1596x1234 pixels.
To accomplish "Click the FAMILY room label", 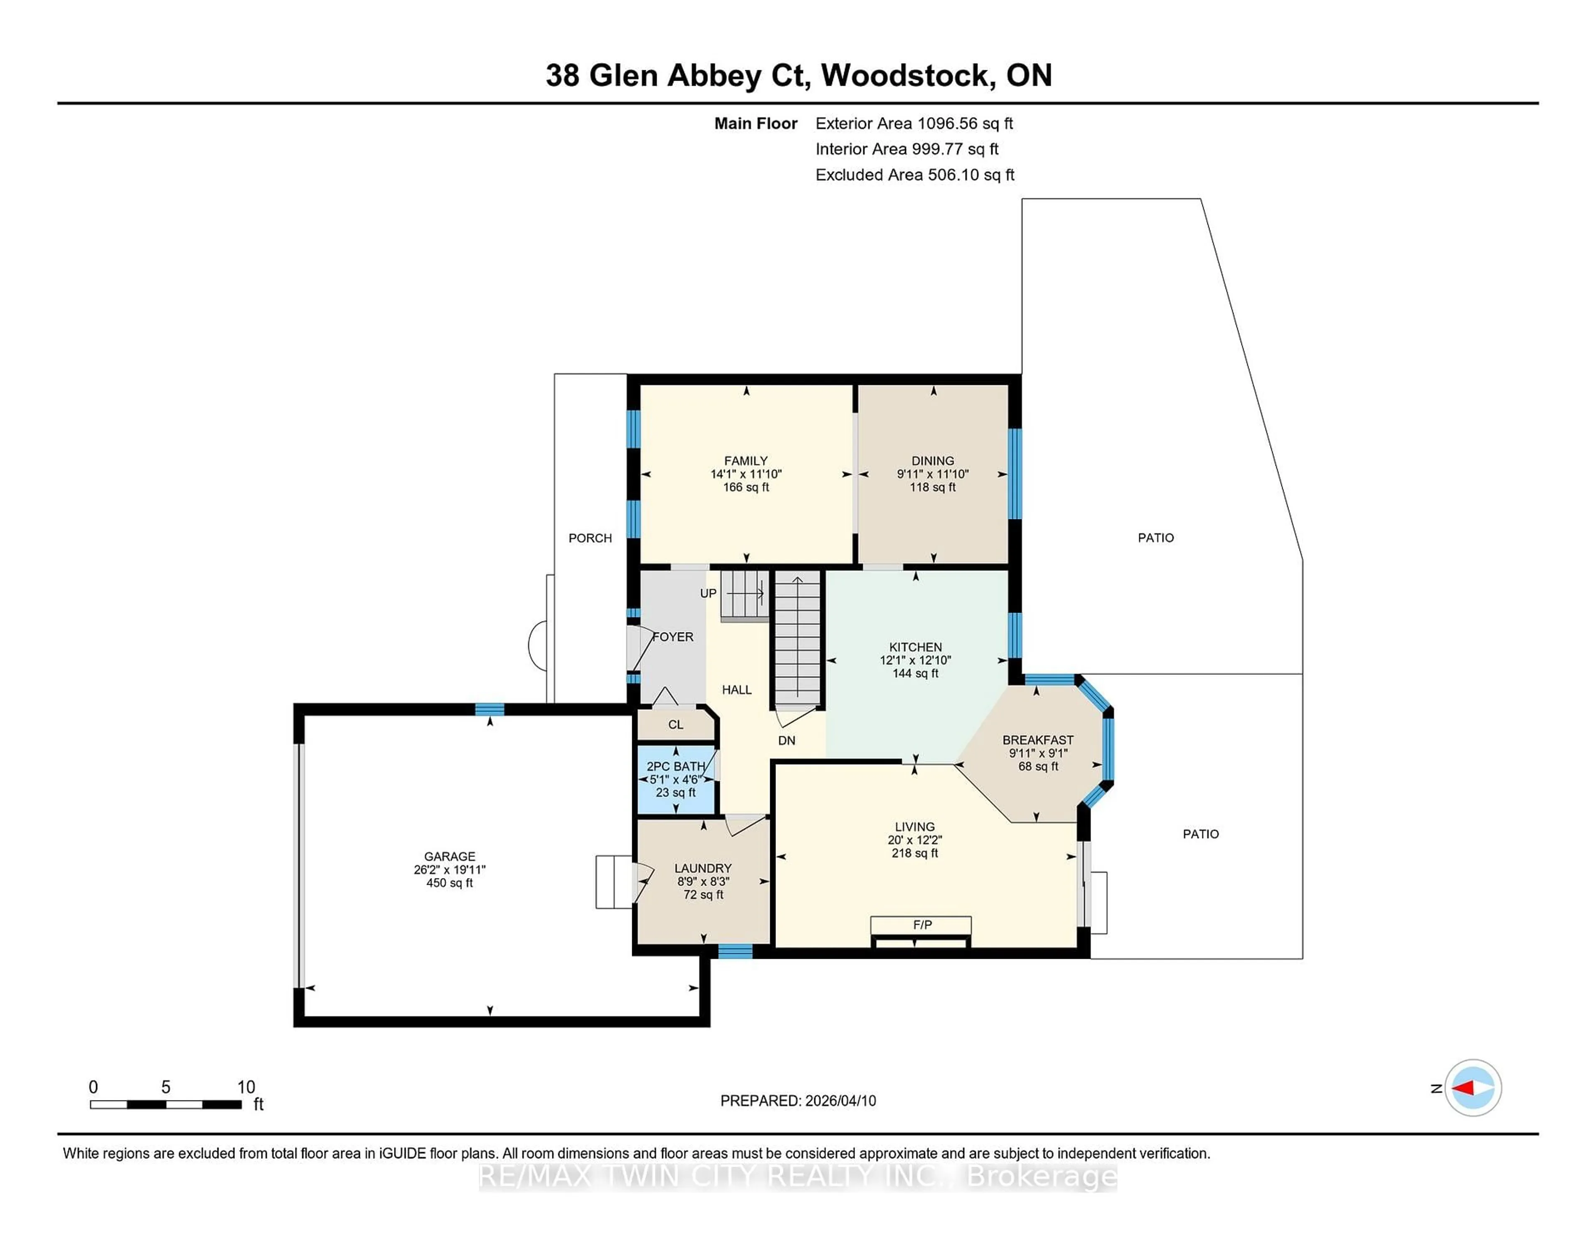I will pyautogui.click(x=745, y=461).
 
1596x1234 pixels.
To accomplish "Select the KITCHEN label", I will pyautogui.click(x=915, y=647).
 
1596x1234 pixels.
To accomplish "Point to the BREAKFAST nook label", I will pyautogui.click(x=1038, y=740).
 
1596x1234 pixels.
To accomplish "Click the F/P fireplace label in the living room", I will pyautogui.click(x=922, y=925).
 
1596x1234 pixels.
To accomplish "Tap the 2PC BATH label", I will pyautogui.click(x=676, y=766).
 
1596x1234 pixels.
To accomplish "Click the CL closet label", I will pyautogui.click(x=675, y=724).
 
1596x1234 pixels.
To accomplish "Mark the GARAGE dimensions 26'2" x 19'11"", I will pyautogui.click(x=449, y=870).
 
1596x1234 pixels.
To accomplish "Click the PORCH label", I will pyautogui.click(x=590, y=538).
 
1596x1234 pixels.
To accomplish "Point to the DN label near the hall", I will pyautogui.click(x=786, y=740).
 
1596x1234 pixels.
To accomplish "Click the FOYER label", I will pyautogui.click(x=673, y=637).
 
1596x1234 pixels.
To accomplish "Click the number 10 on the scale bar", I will pyautogui.click(x=246, y=1087).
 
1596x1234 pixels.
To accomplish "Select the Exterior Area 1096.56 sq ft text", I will pyautogui.click(x=914, y=123).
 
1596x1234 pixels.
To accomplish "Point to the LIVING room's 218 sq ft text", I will pyautogui.click(x=914, y=853).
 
